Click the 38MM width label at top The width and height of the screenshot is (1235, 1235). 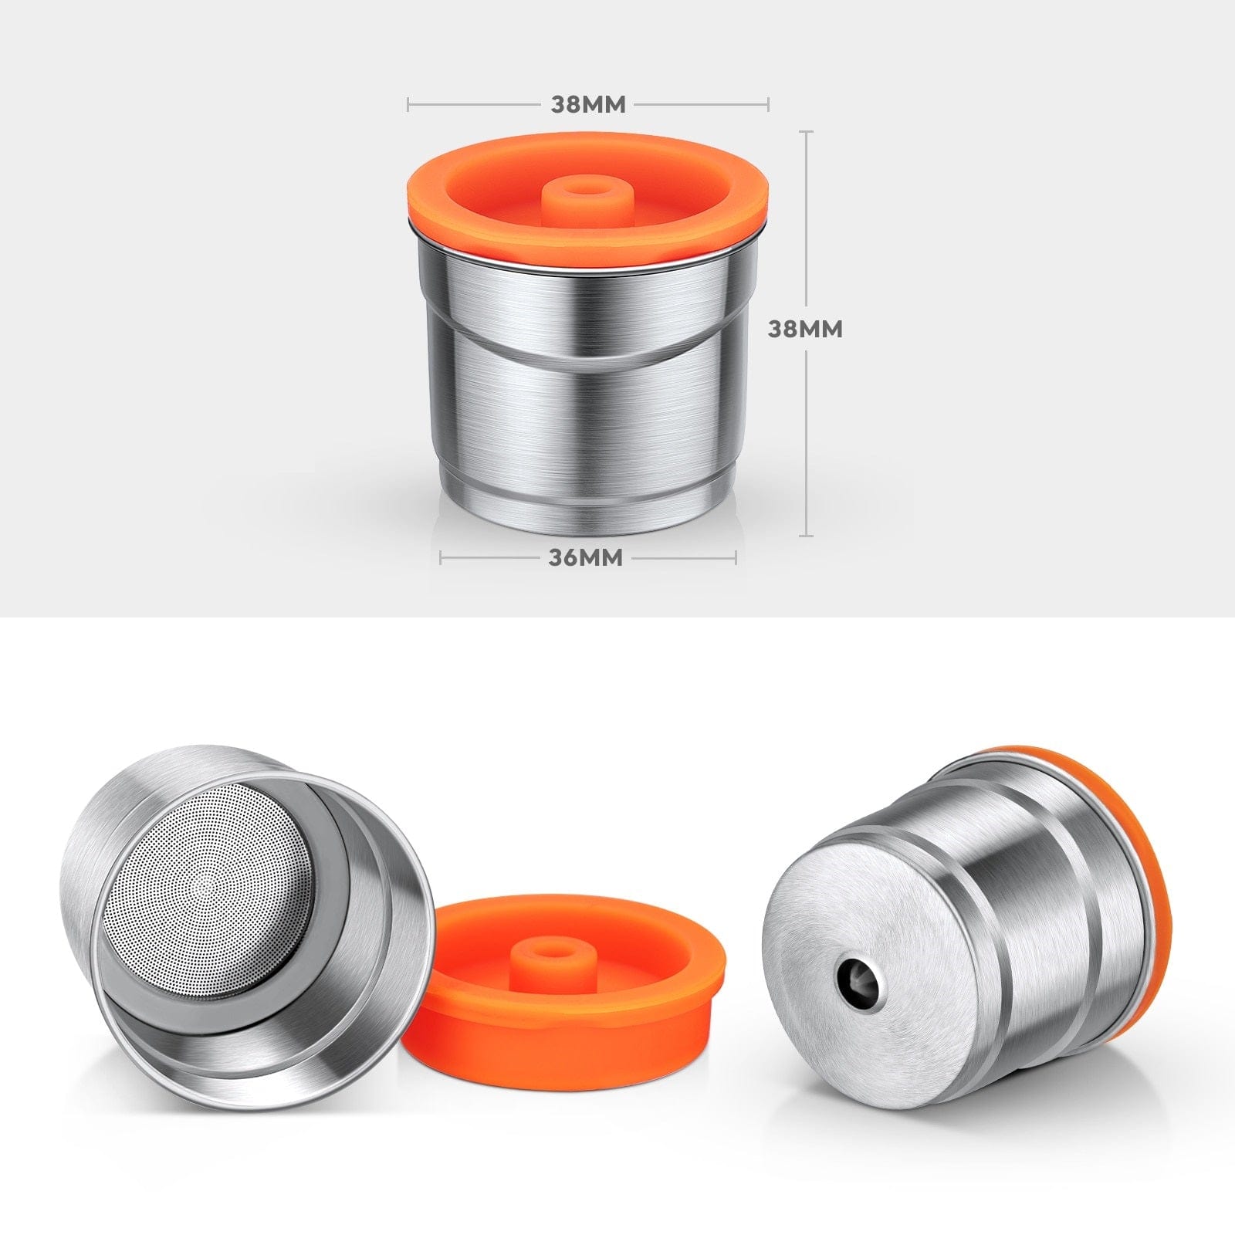click(x=587, y=104)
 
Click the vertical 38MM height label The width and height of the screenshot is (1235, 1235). click(x=805, y=329)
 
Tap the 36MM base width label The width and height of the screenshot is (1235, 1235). click(x=585, y=557)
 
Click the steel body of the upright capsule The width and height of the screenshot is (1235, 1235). click(x=587, y=417)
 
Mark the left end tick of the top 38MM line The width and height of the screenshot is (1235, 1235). click(x=408, y=103)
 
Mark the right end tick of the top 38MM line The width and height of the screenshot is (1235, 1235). click(x=768, y=103)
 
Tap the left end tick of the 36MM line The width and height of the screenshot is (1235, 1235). click(x=441, y=557)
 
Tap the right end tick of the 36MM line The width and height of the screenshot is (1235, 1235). click(x=736, y=557)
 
